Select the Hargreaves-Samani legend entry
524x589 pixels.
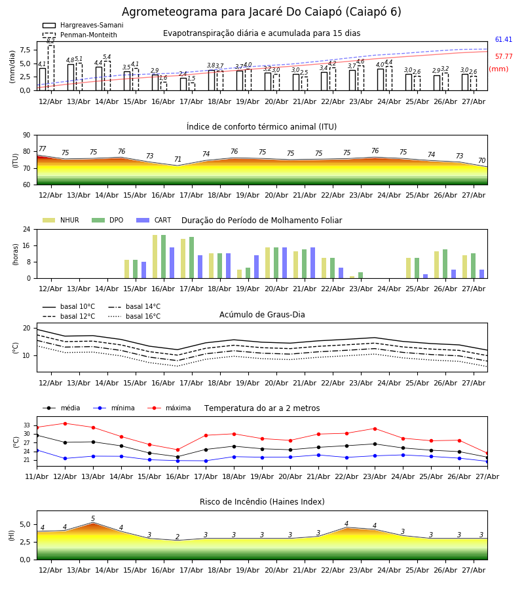pyautogui.click(x=83, y=25)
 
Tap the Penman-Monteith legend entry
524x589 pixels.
pyautogui.click(x=80, y=35)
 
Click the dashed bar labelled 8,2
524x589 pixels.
pyautogui.click(x=50, y=67)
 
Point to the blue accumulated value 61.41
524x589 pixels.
pyautogui.click(x=504, y=39)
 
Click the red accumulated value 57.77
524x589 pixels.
pyautogui.click(x=504, y=57)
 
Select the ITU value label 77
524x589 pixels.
pyautogui.click(x=43, y=149)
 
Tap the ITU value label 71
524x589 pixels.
pyautogui.click(x=178, y=159)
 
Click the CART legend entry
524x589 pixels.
pyautogui.click(x=154, y=220)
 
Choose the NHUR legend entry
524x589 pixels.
pyautogui.click(x=61, y=220)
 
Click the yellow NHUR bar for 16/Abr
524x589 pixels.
pyautogui.click(x=155, y=257)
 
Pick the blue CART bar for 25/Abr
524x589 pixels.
pyautogui.click(x=426, y=276)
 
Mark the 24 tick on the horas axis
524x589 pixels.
pyautogui.click(x=27, y=229)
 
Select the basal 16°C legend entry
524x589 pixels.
pyautogui.click(x=134, y=316)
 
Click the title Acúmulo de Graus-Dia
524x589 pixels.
pyautogui.click(x=262, y=315)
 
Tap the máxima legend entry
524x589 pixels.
pyautogui.click(x=170, y=408)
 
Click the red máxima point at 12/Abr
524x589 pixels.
pyautogui.click(x=65, y=423)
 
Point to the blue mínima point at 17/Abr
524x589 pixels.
pyautogui.click(x=206, y=461)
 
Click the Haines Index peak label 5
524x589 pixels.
pyautogui.click(x=93, y=519)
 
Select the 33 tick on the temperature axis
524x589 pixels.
pyautogui.click(x=27, y=425)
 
